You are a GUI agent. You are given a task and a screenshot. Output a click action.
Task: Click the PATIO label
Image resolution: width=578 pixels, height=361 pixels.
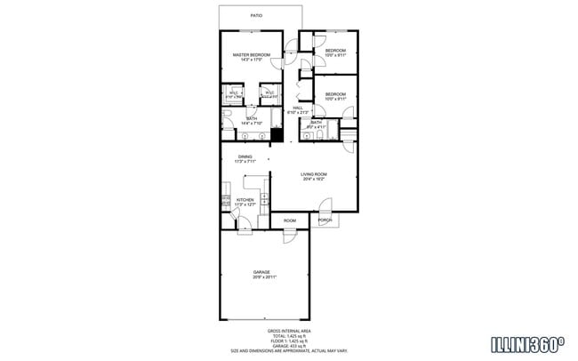256,15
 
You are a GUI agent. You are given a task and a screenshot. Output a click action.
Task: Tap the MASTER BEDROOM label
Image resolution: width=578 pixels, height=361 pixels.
250,55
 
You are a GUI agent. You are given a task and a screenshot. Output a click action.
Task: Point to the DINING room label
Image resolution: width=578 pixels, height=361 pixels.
245,156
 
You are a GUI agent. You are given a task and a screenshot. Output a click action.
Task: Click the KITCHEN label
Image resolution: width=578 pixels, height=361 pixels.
245,200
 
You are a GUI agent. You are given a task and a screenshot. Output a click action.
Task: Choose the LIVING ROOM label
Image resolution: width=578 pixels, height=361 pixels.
314,174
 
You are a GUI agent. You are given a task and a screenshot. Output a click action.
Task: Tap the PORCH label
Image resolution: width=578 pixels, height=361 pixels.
325,220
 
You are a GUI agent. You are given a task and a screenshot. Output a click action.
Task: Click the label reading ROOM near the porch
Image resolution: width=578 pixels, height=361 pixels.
290,220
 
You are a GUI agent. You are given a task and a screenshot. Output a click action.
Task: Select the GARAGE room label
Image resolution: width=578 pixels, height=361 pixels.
261,272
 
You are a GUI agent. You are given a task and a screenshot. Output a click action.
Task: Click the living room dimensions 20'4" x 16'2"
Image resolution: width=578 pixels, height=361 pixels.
314,180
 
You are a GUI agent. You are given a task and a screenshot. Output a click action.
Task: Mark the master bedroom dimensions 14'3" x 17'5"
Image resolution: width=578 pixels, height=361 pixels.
250,60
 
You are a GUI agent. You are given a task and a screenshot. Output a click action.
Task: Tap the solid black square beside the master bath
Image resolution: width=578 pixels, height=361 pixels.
277,136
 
